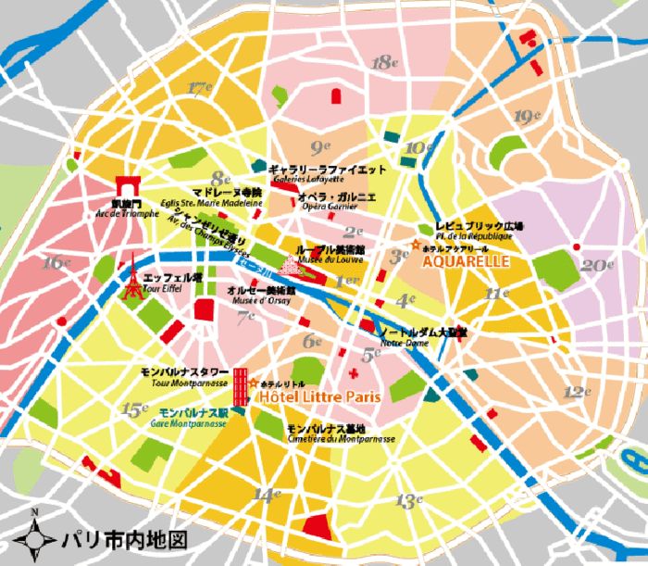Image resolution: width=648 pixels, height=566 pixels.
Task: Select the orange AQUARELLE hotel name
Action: (466, 262)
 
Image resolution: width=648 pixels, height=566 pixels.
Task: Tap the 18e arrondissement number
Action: (383, 63)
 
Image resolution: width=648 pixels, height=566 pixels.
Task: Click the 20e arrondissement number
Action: (592, 265)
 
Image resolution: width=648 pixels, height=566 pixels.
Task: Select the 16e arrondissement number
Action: (56, 262)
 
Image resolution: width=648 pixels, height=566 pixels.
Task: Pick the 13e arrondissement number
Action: (408, 501)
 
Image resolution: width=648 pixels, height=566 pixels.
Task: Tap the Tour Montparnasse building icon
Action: (240, 385)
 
